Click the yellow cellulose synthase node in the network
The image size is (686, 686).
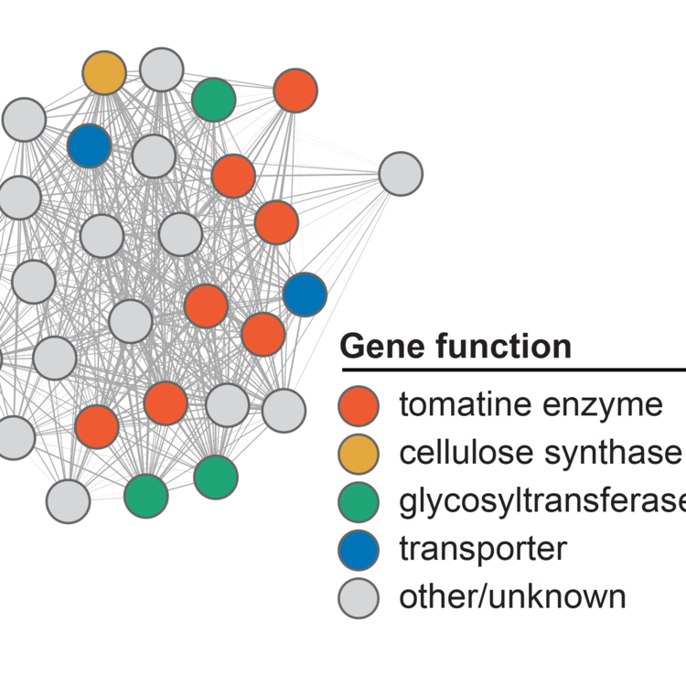104,73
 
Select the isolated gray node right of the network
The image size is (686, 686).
401,173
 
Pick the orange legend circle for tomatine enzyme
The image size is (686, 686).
359,405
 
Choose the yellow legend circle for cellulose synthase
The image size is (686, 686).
359,453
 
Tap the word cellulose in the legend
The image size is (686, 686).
457,453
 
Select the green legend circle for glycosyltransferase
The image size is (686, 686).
359,501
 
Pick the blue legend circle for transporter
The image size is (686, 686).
359,550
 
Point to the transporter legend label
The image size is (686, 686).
483,550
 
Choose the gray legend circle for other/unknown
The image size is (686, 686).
359,597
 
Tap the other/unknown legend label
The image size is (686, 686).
512,597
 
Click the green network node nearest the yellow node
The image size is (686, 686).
214,100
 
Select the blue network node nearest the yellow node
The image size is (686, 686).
90,145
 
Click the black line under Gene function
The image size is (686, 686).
512,370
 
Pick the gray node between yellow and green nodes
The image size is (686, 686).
162,70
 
